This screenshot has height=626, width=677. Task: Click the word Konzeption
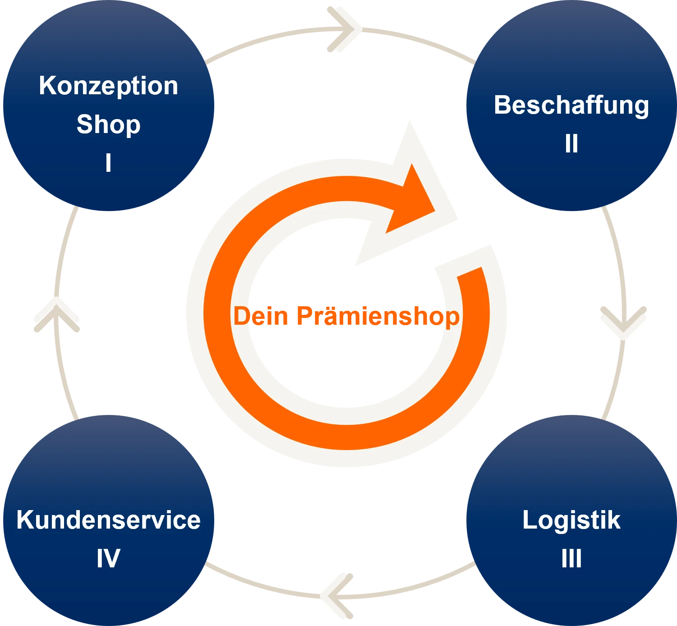108,87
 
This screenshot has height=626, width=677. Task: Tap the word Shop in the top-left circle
108,125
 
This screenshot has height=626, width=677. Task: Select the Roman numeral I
108,162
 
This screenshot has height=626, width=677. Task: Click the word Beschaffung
571,106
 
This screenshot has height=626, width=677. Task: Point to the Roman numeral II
571,143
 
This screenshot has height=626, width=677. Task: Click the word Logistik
571,520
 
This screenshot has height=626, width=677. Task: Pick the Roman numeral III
571,558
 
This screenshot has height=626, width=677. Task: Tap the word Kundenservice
108,520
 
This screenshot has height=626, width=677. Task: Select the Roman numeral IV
108,558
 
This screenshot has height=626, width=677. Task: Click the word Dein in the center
261,316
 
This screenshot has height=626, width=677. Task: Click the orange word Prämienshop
378,317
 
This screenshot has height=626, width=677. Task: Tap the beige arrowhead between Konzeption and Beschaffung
344,29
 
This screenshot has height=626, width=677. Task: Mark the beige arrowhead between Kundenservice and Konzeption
56,314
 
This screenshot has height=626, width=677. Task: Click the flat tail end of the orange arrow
470,272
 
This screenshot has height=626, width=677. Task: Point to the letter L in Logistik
530,520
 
